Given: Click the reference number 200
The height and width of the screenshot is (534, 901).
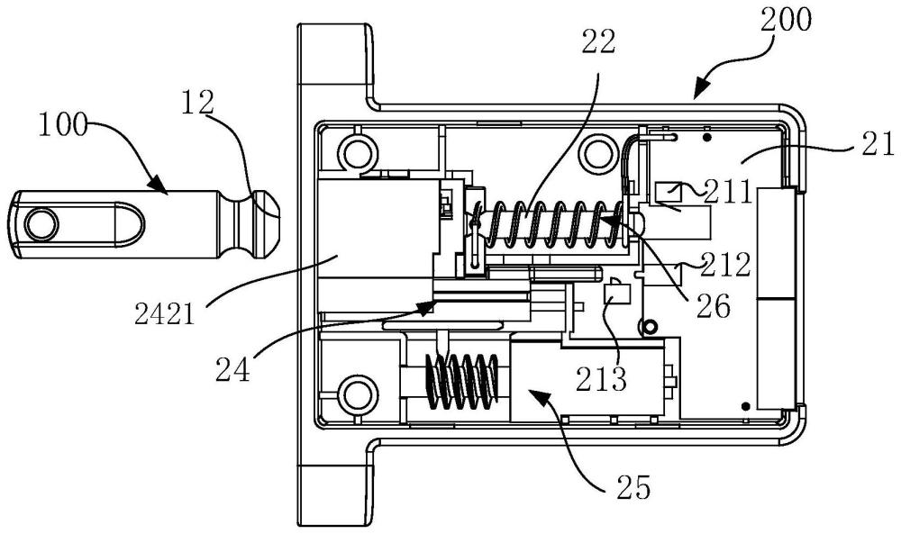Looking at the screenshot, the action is pyautogui.click(x=786, y=20).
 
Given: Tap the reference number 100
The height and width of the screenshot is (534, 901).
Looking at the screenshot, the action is pyautogui.click(x=63, y=124).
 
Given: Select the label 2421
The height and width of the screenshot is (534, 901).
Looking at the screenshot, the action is pyautogui.click(x=164, y=313).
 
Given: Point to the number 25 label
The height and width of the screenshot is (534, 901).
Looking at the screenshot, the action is pyautogui.click(x=633, y=487).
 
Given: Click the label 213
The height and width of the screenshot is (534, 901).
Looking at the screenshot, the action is pyautogui.click(x=601, y=379).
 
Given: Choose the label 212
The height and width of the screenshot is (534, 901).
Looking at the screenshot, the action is pyautogui.click(x=726, y=265).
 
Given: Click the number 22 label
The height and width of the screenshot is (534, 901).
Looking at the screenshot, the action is pyautogui.click(x=598, y=41).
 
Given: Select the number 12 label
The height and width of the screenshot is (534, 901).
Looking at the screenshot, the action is pyautogui.click(x=197, y=103).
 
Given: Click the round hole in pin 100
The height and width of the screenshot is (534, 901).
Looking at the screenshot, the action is pyautogui.click(x=42, y=223).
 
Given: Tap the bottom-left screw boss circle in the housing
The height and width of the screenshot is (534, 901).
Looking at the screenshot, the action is pyautogui.click(x=359, y=394).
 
